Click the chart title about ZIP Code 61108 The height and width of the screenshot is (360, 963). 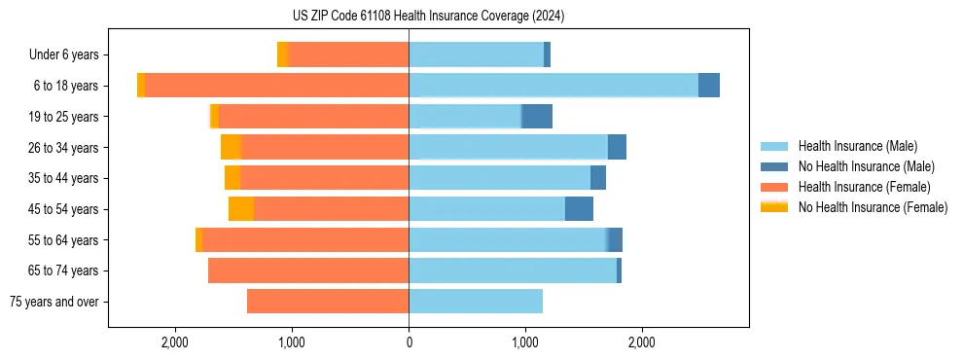[428, 17]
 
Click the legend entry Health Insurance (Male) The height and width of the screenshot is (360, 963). [856, 146]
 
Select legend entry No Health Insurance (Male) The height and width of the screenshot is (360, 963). [863, 166]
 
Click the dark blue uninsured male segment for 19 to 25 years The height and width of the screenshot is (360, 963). [537, 117]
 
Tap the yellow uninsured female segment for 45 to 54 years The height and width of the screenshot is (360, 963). [241, 209]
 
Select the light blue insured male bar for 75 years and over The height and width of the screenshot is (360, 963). [476, 302]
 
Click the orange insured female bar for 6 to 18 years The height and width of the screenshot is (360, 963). [277, 86]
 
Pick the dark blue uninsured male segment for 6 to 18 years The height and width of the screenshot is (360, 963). [709, 86]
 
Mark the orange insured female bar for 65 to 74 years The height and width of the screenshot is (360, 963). [308, 270]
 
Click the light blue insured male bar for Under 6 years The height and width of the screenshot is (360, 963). [476, 54]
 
